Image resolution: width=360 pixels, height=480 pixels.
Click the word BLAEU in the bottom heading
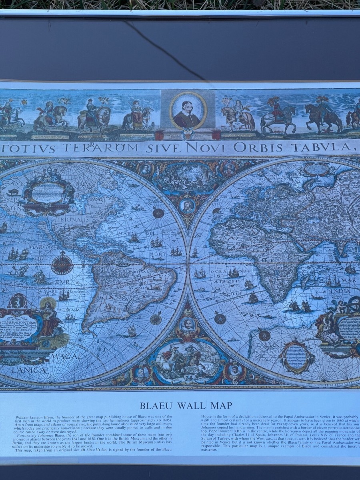pos(156,406)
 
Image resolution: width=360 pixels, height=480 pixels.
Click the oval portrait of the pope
pos(188,110)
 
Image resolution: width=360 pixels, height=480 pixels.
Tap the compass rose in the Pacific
pos(62,264)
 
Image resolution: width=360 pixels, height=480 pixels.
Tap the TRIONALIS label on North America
pos(72,220)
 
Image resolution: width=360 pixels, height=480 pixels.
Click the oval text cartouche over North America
pos(48,193)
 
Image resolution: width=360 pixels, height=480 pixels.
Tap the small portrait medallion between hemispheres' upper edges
pos(187,206)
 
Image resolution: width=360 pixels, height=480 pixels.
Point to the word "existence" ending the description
pos(209,450)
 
